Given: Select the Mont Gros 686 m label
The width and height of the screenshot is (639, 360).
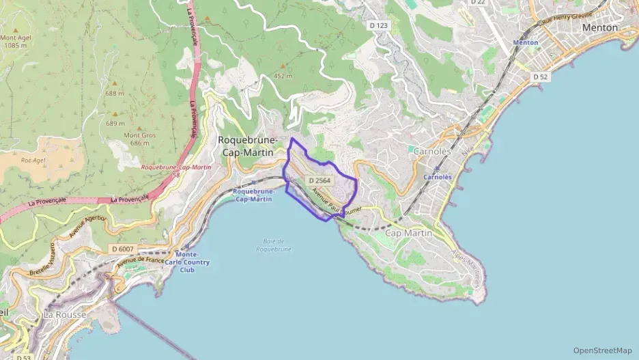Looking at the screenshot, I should click(136, 139).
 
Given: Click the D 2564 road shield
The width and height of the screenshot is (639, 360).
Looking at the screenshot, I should click(319, 180).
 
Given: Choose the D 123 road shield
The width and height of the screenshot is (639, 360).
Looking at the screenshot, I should click(378, 25).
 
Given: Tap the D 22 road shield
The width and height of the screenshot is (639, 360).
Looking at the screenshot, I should click(478, 3).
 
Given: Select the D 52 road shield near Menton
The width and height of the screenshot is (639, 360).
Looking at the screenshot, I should click(541, 77).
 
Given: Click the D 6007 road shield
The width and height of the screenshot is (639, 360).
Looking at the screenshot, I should click(123, 249).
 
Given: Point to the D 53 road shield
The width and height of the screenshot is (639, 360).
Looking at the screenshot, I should click(23, 357).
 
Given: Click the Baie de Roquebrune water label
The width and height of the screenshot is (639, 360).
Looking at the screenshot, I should click(274, 245).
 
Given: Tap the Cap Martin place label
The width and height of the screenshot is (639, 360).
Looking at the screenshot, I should click(409, 233).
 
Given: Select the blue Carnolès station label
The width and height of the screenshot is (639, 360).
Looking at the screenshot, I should click(437, 176).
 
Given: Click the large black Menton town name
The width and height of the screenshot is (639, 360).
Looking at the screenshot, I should click(599, 27).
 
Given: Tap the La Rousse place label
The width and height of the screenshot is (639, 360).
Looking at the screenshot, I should click(64, 315).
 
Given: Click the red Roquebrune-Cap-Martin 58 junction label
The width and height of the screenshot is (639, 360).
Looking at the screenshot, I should click(175, 171).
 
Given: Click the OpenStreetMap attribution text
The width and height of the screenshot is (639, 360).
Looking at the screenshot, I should click(602, 350).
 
